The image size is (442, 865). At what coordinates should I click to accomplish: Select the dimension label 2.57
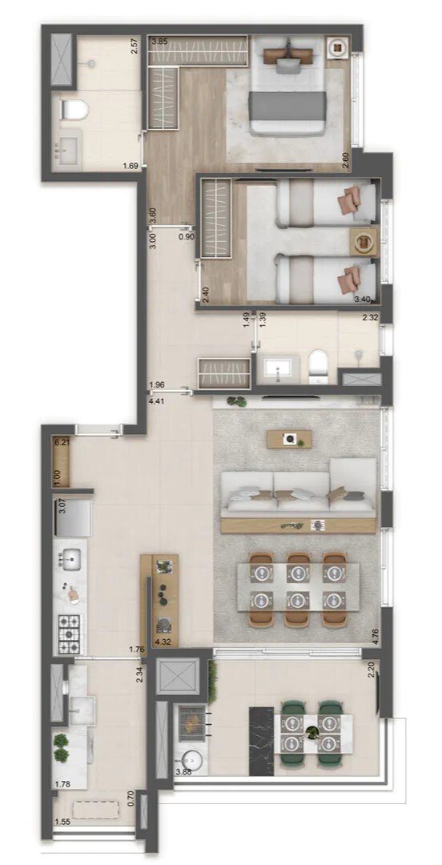click(135, 58)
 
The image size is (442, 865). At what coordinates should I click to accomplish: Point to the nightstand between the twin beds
click(364, 239)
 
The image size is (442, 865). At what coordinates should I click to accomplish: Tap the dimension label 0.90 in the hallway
click(186, 237)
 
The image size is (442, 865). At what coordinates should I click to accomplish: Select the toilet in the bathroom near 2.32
click(318, 364)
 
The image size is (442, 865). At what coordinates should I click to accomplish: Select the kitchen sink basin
click(72, 557)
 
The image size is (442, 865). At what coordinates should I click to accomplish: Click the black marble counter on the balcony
click(262, 740)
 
